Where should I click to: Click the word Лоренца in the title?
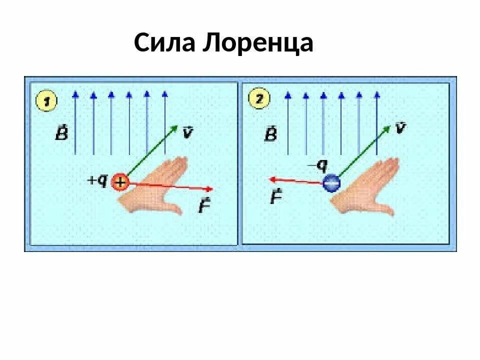tap(258, 44)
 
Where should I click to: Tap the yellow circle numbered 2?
tap(258, 99)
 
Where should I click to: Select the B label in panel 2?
tap(271, 133)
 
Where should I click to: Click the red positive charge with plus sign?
tap(120, 182)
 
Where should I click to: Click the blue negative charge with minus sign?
tap(331, 183)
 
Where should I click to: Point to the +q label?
tap(98, 180)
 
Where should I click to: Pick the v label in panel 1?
tap(187, 132)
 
